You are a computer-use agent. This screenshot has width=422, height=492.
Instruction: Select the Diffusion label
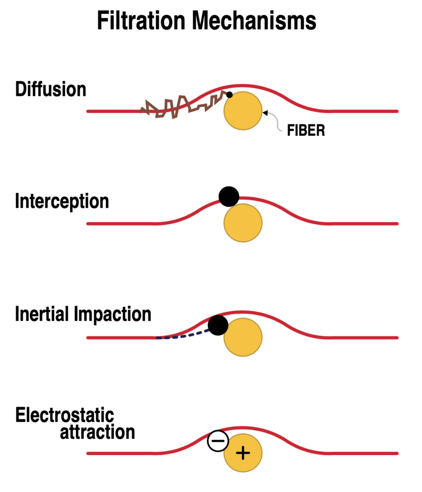coord(50,89)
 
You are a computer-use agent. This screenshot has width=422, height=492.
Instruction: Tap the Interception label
coord(62,201)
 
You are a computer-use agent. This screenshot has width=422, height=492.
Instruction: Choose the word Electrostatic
coord(65,415)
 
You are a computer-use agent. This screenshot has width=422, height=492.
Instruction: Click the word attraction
coord(97,432)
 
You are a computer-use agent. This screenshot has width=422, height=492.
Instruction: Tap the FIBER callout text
coord(306,131)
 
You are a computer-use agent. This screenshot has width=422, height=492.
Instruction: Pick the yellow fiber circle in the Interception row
coord(243,223)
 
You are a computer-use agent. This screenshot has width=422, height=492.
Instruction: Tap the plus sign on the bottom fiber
coord(243,453)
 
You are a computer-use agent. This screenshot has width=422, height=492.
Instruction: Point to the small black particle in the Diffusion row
coord(229,95)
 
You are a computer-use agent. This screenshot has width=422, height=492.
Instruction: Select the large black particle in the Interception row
coord(229,196)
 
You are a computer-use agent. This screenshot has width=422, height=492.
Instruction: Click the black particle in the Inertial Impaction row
coord(218,325)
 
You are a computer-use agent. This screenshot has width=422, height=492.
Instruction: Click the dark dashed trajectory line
coord(182,336)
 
